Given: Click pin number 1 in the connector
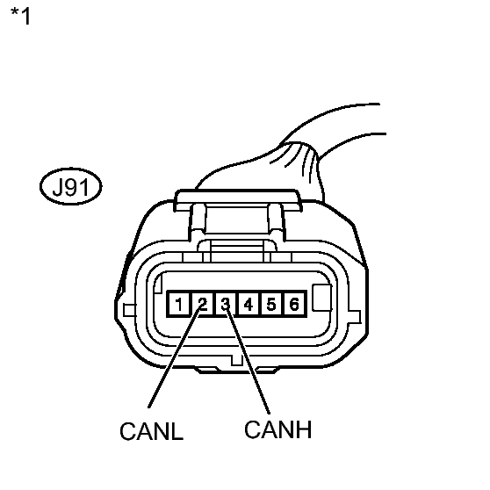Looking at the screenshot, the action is (179, 304).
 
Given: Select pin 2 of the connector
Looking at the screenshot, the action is (203, 304).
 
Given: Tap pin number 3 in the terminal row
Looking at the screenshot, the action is (226, 304).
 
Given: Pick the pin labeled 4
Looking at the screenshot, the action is (249, 304).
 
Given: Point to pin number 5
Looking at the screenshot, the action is (271, 304).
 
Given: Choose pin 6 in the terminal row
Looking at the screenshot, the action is (294, 304).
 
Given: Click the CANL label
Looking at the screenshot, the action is (152, 431).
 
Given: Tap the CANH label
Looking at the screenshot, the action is (277, 429).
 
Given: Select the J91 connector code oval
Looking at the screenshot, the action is (70, 186).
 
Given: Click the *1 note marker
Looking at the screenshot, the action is (20, 16).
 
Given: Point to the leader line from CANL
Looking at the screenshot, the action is (175, 357).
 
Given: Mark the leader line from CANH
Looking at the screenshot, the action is (248, 360).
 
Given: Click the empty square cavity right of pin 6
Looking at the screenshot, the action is (322, 298).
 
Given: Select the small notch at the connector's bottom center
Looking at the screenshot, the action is (237, 360).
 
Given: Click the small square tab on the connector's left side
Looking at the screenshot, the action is (129, 310).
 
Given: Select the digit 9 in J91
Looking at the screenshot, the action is (73, 187).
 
